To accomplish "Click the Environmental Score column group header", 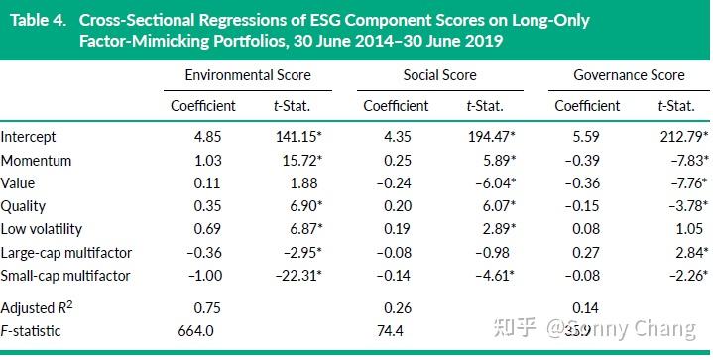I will pos(248,75).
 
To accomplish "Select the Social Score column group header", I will pos(439,75).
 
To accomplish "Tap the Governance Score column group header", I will pos(629,75).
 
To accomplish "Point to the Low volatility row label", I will pos(43,229).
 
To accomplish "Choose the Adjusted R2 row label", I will pos(40,307).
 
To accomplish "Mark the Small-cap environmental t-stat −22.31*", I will pos(297,275).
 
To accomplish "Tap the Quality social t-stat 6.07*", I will pos(490,206).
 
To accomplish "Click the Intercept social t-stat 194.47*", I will pos(487,136).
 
